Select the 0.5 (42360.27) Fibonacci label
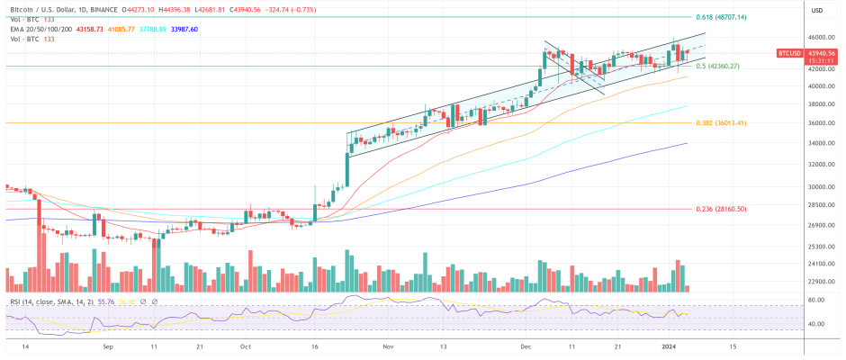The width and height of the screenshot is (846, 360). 717,66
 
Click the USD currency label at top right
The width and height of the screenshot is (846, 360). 817,10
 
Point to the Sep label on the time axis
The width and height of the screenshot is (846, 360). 108,346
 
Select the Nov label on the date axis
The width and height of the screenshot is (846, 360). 388,346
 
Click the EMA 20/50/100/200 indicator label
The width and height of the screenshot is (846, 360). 34,29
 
